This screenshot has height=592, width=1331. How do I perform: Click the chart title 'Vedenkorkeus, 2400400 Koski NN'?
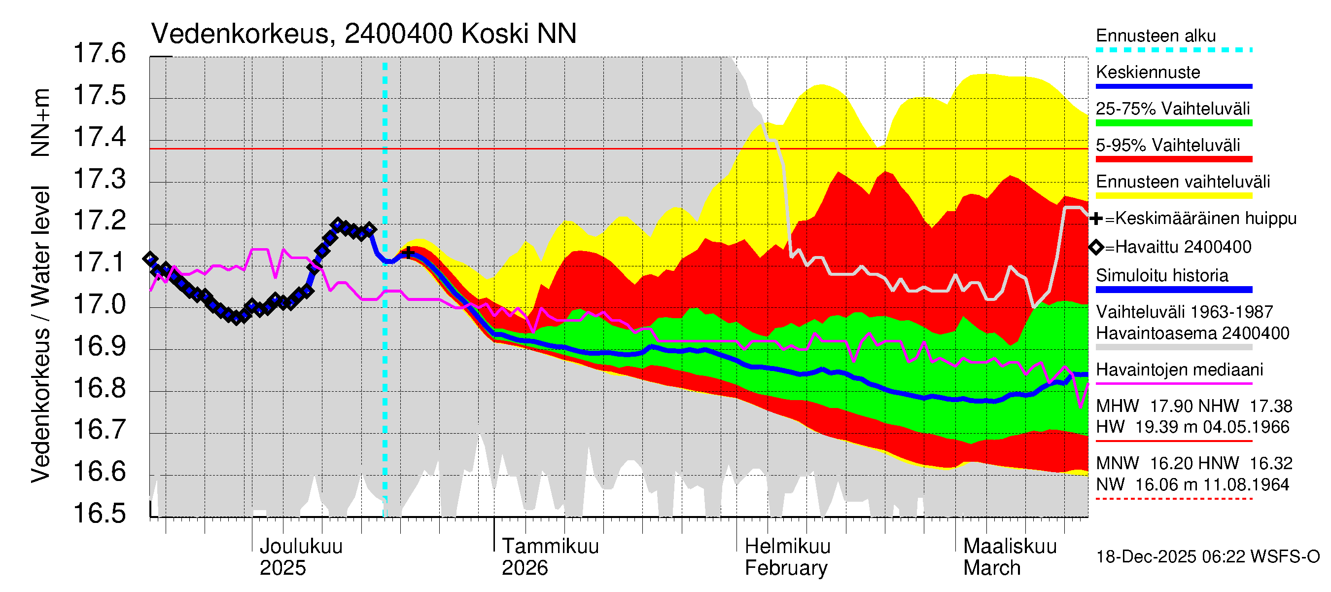click(x=363, y=34)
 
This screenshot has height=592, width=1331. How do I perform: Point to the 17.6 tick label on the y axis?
click(x=100, y=54)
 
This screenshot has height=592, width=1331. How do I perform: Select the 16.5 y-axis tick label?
click(x=100, y=514)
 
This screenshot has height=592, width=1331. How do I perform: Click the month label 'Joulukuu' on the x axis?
click(x=301, y=547)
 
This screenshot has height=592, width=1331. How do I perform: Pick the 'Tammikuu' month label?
click(x=550, y=547)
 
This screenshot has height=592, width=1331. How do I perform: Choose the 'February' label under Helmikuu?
click(x=785, y=568)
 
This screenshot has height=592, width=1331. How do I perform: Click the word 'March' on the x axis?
click(x=991, y=568)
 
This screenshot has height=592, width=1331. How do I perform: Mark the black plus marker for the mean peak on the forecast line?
click(x=408, y=253)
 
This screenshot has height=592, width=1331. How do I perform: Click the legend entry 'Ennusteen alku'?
click(x=1156, y=36)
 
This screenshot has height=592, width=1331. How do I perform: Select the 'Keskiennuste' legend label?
click(x=1148, y=73)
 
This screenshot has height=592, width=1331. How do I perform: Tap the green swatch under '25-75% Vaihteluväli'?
click(x=1173, y=123)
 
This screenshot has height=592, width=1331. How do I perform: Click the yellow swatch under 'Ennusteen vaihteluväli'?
click(x=1173, y=196)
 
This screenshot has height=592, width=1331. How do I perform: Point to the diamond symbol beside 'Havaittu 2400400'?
click(x=1096, y=247)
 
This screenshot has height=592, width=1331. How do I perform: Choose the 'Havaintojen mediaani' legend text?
click(x=1179, y=370)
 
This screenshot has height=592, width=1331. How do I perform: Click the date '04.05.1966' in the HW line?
click(x=1246, y=427)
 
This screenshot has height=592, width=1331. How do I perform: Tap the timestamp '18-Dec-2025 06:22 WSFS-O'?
click(x=1207, y=557)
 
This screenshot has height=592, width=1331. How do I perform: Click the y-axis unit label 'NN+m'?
click(x=40, y=122)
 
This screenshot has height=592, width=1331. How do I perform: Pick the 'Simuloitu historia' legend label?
click(x=1161, y=276)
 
